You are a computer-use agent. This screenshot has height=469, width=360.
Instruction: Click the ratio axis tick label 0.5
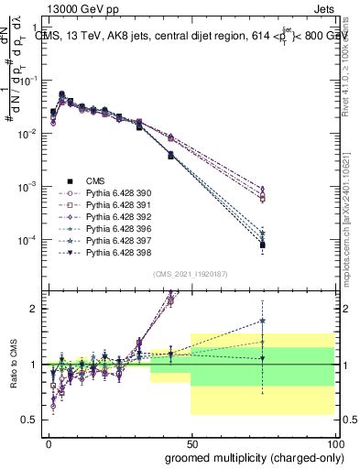(30, 420)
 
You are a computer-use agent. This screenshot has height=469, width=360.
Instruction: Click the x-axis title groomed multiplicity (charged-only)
(249, 457)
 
